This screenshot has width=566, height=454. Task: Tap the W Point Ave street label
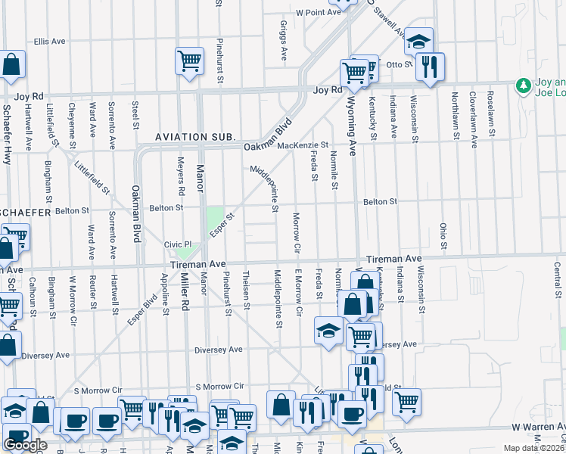[319, 13]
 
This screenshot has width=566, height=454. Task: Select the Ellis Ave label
[51, 41]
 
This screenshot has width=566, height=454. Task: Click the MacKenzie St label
[303, 145]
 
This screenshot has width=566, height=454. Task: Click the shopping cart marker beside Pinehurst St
[189, 61]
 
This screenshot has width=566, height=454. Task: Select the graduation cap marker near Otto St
[418, 42]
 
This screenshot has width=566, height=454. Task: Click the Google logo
[25, 445]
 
